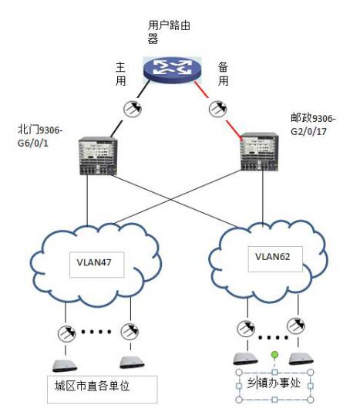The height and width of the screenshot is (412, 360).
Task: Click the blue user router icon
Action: [172, 69]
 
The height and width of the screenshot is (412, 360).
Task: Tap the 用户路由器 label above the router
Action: [169, 32]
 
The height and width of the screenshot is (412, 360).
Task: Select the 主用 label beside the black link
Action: [120, 74]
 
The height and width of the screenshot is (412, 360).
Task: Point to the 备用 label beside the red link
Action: [223, 74]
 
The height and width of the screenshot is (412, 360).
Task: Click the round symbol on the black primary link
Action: [133, 108]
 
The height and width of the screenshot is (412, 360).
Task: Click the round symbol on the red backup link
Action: [217, 108]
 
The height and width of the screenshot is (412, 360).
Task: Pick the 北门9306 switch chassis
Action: [98, 156]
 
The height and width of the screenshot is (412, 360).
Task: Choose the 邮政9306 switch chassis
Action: [260, 152]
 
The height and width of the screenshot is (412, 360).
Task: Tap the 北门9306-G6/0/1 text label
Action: [40, 136]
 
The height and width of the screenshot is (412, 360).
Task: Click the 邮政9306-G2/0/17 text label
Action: [313, 124]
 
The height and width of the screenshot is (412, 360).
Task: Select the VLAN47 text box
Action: [96, 265]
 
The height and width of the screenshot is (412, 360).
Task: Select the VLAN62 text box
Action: [275, 259]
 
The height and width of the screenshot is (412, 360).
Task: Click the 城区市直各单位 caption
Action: [93, 386]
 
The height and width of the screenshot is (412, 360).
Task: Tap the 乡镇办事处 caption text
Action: [274, 383]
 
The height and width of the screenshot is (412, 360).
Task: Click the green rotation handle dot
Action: [274, 355]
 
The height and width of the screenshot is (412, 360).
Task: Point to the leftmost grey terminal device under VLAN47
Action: [65, 366]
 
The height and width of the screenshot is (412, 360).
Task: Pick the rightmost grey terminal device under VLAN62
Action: [301, 360]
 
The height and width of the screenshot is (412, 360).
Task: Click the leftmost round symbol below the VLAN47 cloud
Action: [67, 333]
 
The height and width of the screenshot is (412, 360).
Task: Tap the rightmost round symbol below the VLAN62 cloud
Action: [296, 326]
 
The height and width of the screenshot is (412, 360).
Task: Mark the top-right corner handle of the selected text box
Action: [311, 373]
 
